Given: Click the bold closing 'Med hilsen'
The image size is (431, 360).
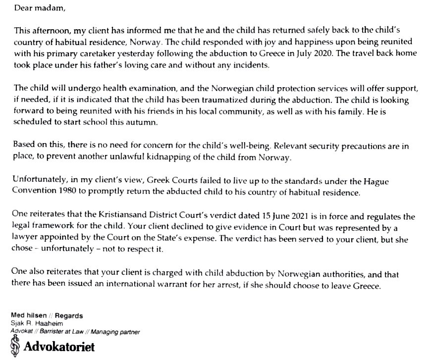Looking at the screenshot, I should point(29,315).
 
